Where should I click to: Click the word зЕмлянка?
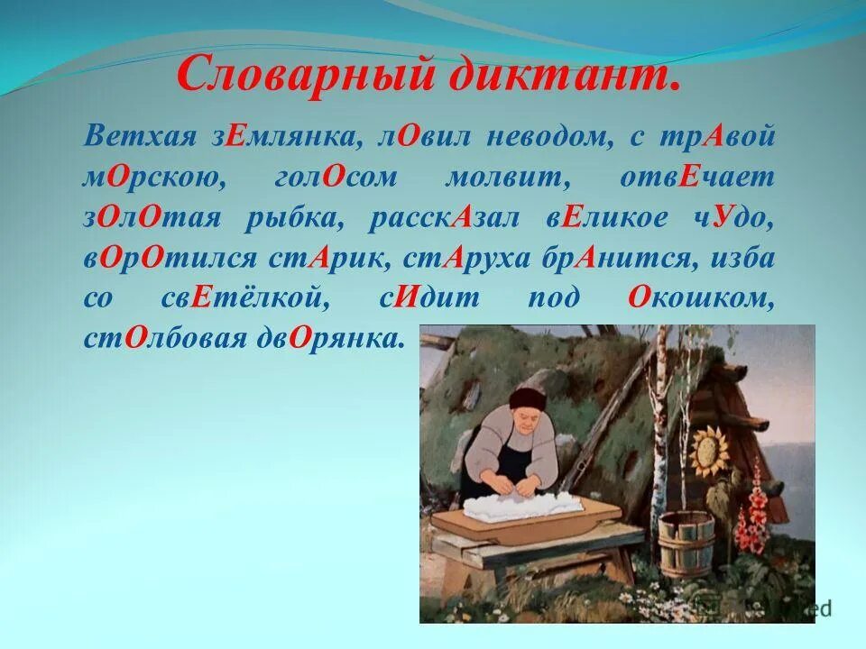pyautogui.click(x=286, y=138)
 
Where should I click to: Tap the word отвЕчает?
pyautogui.click(x=709, y=178)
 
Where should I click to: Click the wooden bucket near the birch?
pyautogui.click(x=686, y=541)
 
